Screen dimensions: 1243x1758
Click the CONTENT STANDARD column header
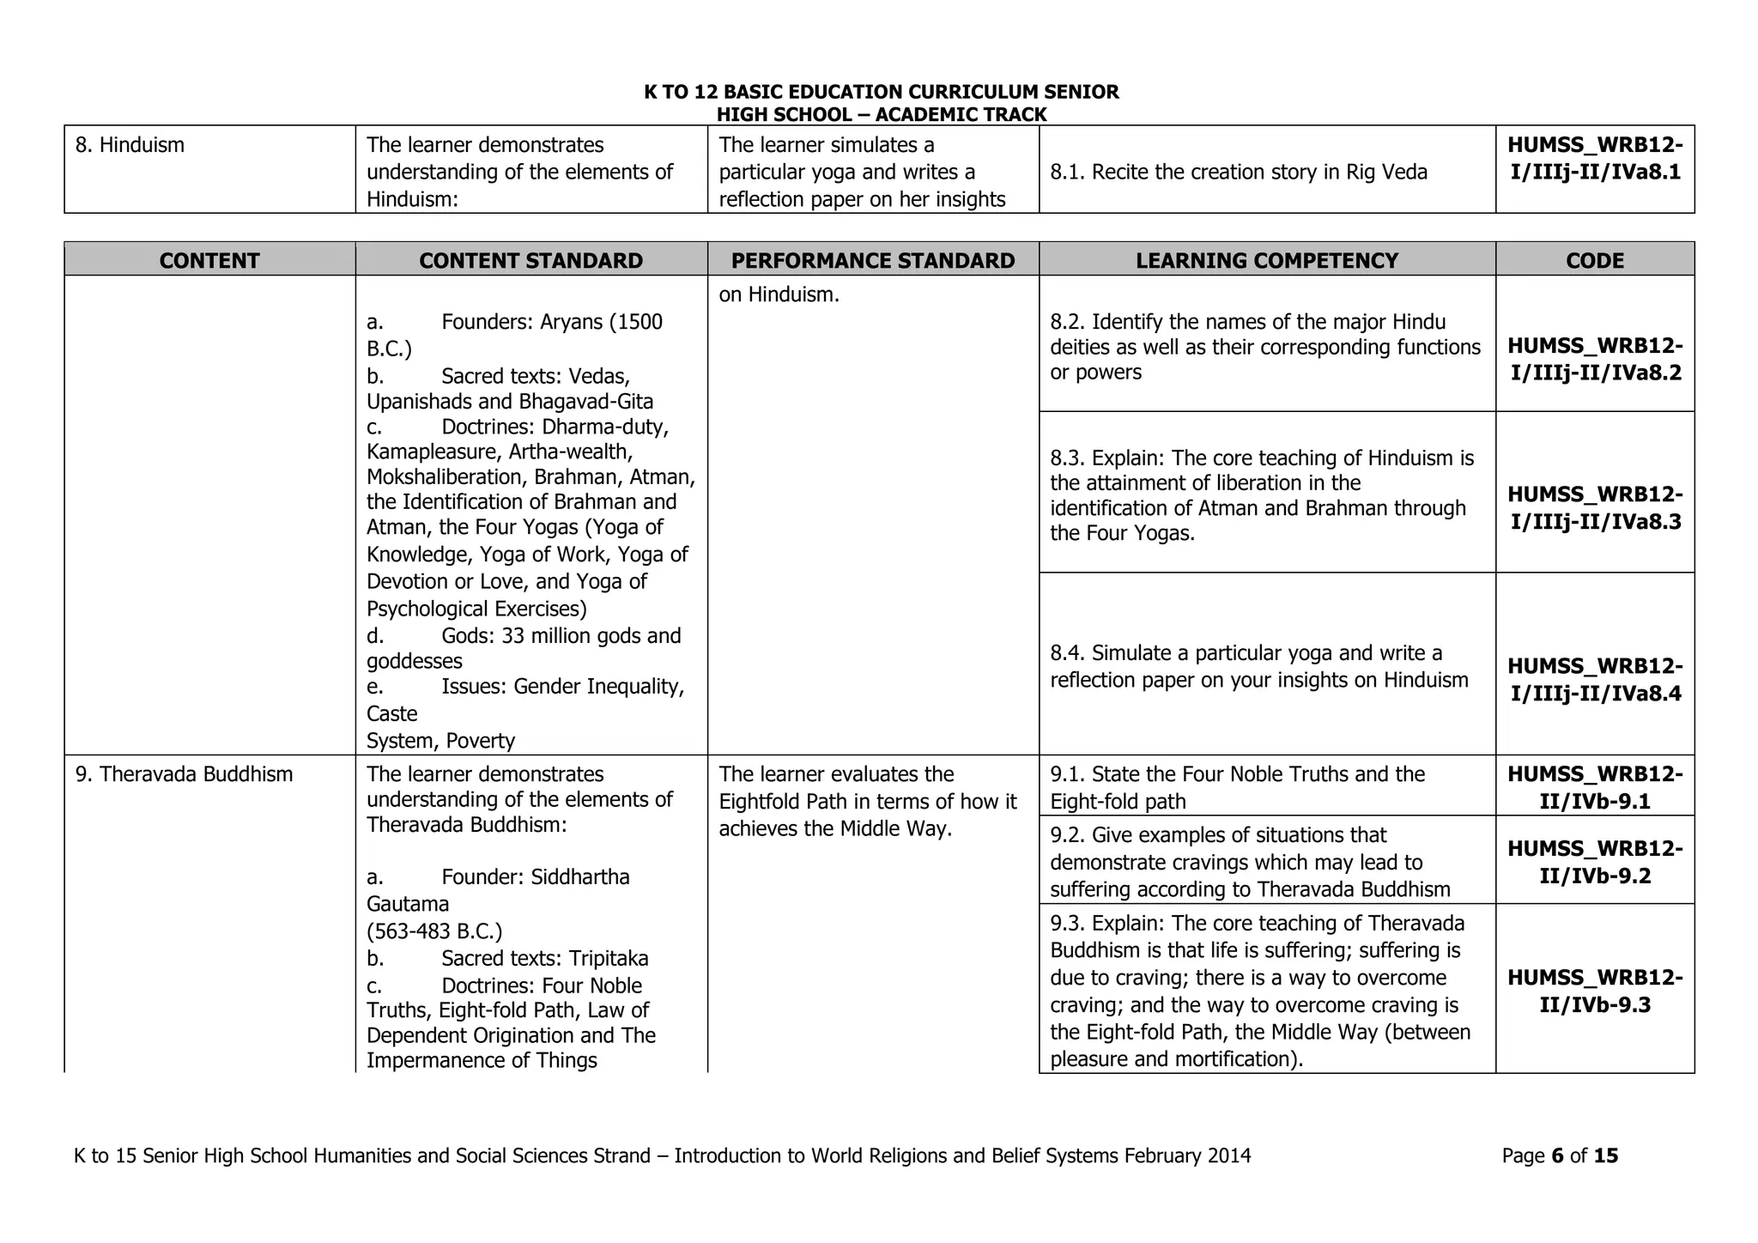tap(530, 260)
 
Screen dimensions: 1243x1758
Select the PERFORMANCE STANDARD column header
tap(872, 260)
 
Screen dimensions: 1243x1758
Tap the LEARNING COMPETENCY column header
tap(1266, 260)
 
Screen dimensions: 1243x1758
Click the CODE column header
tap(1594, 260)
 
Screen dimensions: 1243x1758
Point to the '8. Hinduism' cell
tap(130, 145)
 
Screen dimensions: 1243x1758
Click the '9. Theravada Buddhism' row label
tap(184, 774)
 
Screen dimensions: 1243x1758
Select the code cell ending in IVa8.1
tap(1594, 159)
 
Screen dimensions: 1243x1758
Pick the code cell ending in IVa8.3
tap(1594, 507)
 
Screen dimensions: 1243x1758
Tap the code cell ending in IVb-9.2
tap(1594, 862)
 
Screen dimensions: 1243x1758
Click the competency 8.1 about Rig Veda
tap(1238, 173)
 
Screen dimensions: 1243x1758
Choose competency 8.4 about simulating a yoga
tap(1258, 667)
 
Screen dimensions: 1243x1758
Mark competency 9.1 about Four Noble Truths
tap(1237, 787)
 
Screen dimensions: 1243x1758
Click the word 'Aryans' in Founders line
tap(572, 323)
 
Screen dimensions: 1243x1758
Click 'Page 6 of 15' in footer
tap(1559, 1156)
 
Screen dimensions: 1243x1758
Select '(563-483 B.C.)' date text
tap(434, 931)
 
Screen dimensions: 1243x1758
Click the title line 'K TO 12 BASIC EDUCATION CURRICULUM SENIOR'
tap(881, 93)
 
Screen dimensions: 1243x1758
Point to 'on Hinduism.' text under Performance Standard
tap(779, 294)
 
